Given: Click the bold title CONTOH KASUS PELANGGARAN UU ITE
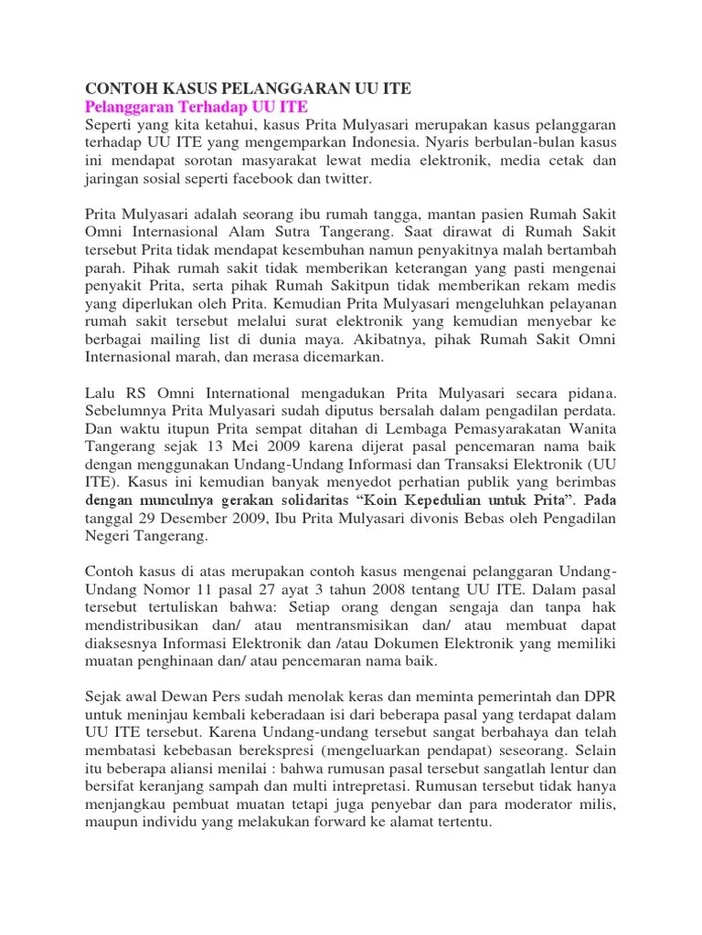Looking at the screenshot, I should pyautogui.click(x=248, y=89).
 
